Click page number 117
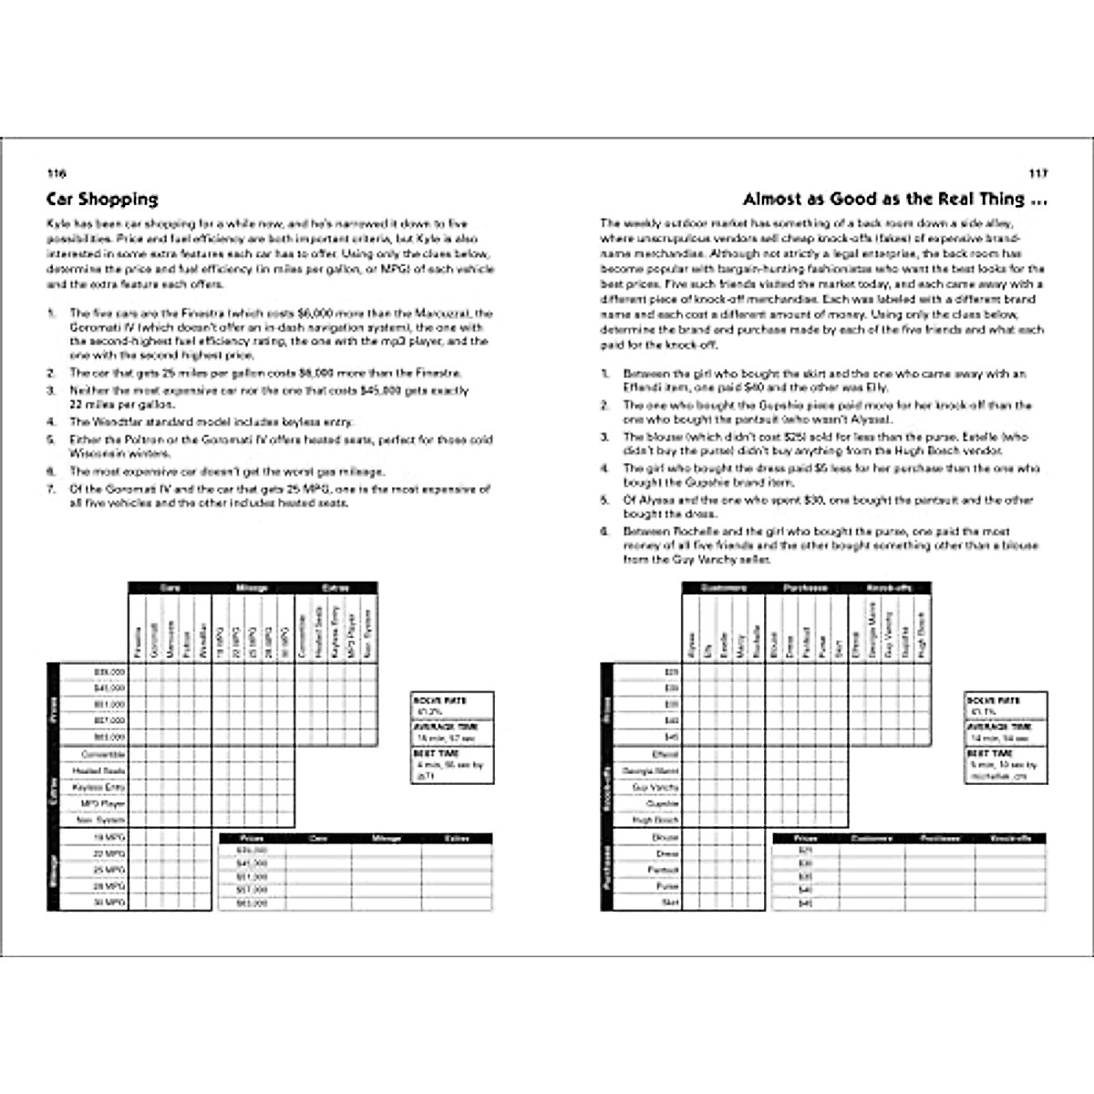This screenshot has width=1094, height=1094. pyautogui.click(x=1035, y=173)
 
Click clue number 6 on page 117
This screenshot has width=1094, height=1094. pyautogui.click(x=604, y=532)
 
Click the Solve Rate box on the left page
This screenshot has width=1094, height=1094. pyautogui.click(x=453, y=706)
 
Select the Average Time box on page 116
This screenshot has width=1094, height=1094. pyautogui.click(x=453, y=732)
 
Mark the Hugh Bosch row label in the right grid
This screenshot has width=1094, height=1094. pyautogui.click(x=655, y=820)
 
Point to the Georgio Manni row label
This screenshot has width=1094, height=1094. pyautogui.click(x=649, y=770)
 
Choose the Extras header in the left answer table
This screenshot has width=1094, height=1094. pyautogui.click(x=457, y=838)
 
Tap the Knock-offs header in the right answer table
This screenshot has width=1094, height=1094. pyautogui.click(x=1010, y=838)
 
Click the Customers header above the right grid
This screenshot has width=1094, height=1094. pyautogui.click(x=723, y=588)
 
